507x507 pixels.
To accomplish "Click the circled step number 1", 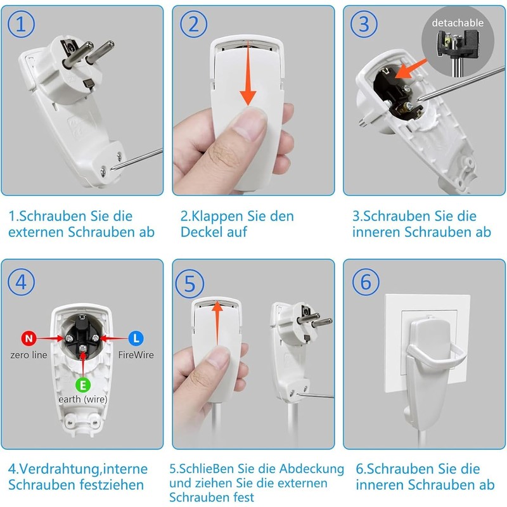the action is [21, 24].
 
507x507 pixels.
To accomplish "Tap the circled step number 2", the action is [194, 24].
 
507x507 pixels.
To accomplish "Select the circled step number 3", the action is [364, 24].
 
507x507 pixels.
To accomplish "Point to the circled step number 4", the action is [21, 282].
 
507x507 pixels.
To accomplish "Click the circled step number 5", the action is [189, 283].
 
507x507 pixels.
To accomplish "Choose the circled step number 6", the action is [366, 281].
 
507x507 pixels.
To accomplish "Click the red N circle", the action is [29, 338].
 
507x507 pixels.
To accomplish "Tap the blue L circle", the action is [136, 338].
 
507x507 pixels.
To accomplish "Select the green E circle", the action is [83, 385].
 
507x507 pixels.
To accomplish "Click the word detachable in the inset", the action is [458, 23].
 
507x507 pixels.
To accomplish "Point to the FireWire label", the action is [136, 355].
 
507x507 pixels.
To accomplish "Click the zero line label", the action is [29, 355].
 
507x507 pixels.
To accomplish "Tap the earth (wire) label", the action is [83, 399].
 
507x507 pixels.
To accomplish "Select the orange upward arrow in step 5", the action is [217, 323].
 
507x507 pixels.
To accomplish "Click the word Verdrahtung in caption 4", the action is [58, 470].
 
